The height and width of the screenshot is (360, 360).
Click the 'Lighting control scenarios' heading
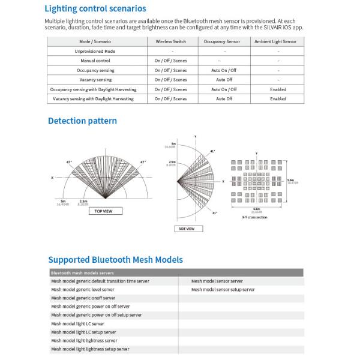(95, 8)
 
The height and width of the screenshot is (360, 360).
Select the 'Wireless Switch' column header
(170, 41)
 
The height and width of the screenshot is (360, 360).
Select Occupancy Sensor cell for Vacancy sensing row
(224, 80)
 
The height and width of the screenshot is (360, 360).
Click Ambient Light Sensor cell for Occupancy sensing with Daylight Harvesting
(278, 89)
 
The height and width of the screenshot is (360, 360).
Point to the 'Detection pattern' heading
(82, 121)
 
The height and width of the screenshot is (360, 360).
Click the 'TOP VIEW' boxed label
(105, 211)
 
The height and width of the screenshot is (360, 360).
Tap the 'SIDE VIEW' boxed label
(187, 229)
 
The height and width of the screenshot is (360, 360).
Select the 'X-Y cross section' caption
(254, 217)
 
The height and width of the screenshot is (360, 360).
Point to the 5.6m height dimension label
(292, 181)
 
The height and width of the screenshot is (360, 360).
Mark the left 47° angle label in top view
(69, 162)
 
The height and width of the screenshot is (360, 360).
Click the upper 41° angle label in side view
(212, 151)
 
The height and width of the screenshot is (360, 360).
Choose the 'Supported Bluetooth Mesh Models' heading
(115, 260)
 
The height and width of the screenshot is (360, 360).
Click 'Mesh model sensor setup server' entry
(223, 290)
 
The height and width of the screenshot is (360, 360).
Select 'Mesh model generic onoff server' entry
(83, 298)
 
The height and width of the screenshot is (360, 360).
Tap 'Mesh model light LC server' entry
(77, 323)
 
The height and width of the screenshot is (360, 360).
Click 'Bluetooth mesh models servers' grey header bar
(174, 273)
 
